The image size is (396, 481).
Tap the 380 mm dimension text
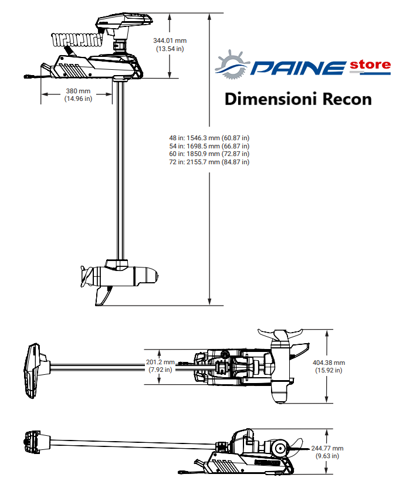click(x=78, y=91)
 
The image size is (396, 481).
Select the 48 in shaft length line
click(x=209, y=138)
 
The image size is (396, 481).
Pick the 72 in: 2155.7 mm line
click(x=209, y=162)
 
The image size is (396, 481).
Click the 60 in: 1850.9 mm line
click(x=209, y=154)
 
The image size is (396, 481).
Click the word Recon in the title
click(x=347, y=99)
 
